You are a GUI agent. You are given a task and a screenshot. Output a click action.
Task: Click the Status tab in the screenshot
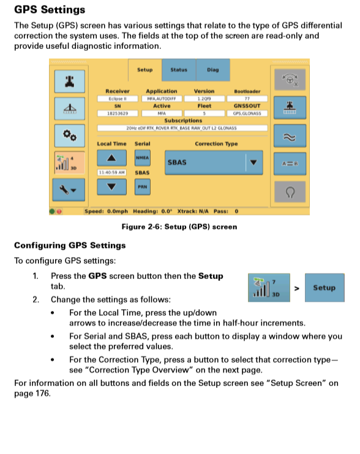[179, 70]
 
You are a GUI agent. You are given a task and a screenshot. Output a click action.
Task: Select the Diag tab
[212, 70]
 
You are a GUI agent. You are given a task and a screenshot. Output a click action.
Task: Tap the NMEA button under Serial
[143, 158]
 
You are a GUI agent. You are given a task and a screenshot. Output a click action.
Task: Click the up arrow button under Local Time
[111, 158]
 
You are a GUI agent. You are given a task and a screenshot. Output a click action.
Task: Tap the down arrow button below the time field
[111, 187]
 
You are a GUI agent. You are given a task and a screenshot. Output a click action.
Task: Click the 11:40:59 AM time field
[111, 173]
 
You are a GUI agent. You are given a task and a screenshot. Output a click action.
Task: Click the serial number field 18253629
[117, 113]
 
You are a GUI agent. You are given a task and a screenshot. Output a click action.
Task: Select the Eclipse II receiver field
[117, 99]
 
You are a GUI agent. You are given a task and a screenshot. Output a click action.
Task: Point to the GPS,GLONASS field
[247, 113]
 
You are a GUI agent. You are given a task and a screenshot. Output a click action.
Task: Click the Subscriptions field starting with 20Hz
[182, 128]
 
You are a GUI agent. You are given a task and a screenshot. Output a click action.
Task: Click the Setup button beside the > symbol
[324, 288]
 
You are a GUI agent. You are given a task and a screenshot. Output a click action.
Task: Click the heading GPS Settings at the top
[50, 10]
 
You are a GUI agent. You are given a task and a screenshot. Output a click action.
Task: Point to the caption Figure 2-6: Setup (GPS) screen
[179, 226]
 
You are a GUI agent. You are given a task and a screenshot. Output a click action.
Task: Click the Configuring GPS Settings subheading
[69, 245]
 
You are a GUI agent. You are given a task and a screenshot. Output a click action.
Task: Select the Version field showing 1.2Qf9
[204, 99]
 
